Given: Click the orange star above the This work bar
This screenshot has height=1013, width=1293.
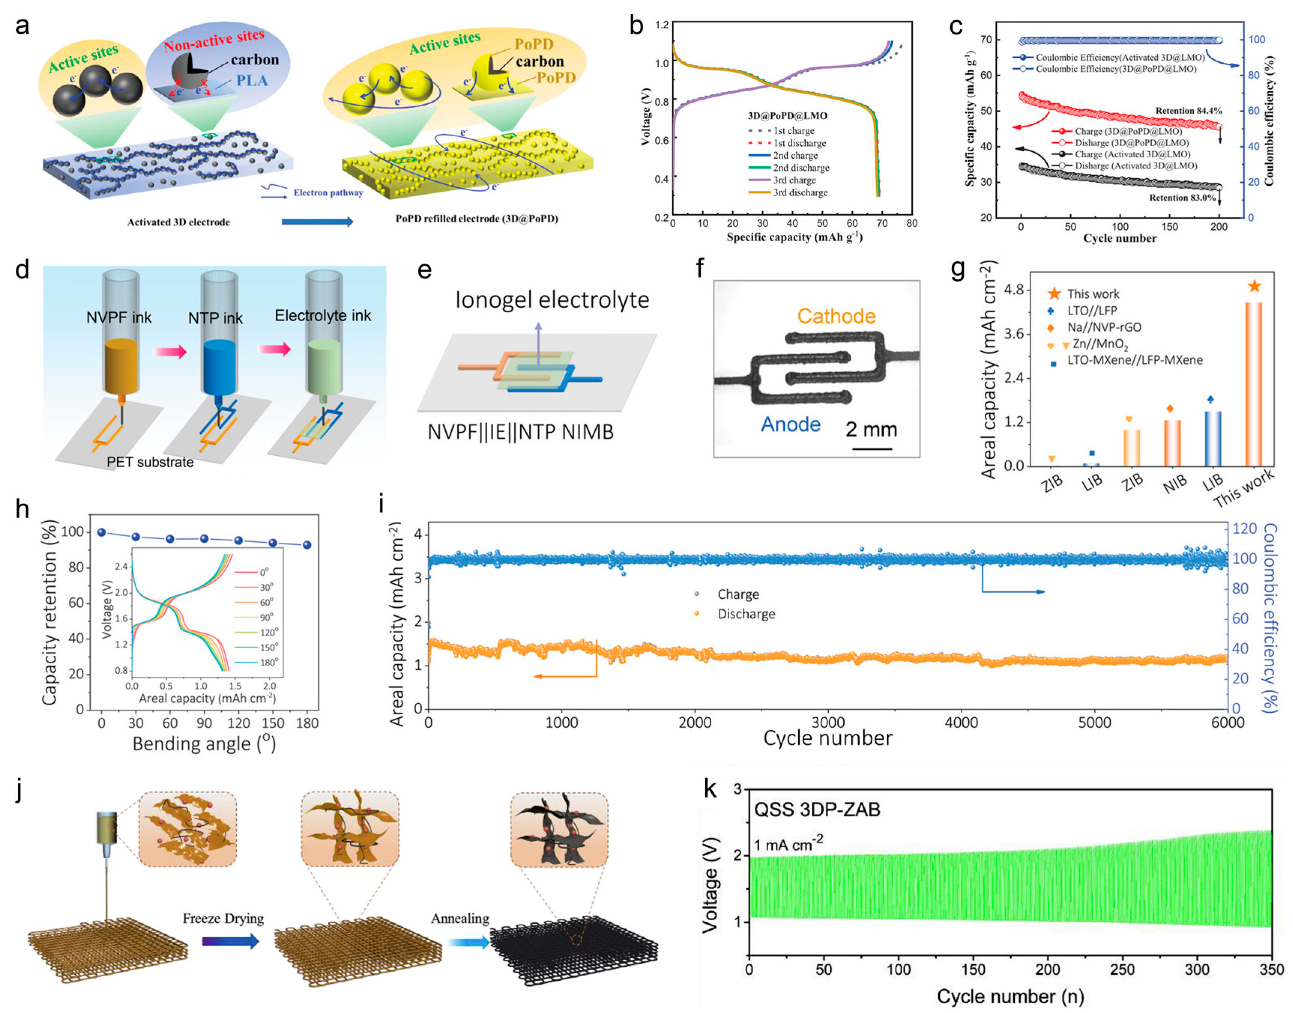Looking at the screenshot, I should coord(1254,286).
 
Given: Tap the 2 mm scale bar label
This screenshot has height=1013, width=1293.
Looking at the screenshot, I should coord(871,430).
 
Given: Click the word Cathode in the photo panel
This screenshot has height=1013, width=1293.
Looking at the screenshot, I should coord(836,316).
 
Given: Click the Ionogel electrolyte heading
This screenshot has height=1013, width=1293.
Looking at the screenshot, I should coord(552,300).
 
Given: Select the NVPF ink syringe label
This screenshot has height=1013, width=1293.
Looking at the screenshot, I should coord(119,318).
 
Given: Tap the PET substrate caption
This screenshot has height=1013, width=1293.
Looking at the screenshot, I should coord(150,462).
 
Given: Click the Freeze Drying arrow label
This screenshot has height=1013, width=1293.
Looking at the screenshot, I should coord(223,919).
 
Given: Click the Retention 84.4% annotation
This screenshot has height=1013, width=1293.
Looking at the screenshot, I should coord(1188,111).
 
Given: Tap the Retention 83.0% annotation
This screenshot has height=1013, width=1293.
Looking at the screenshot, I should coord(1182,197).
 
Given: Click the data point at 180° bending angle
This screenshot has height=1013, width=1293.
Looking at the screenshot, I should coord(307,545).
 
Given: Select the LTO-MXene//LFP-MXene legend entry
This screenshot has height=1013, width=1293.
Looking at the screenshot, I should coord(1135,360).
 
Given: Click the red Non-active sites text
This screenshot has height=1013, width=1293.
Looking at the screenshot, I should coord(214,40).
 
